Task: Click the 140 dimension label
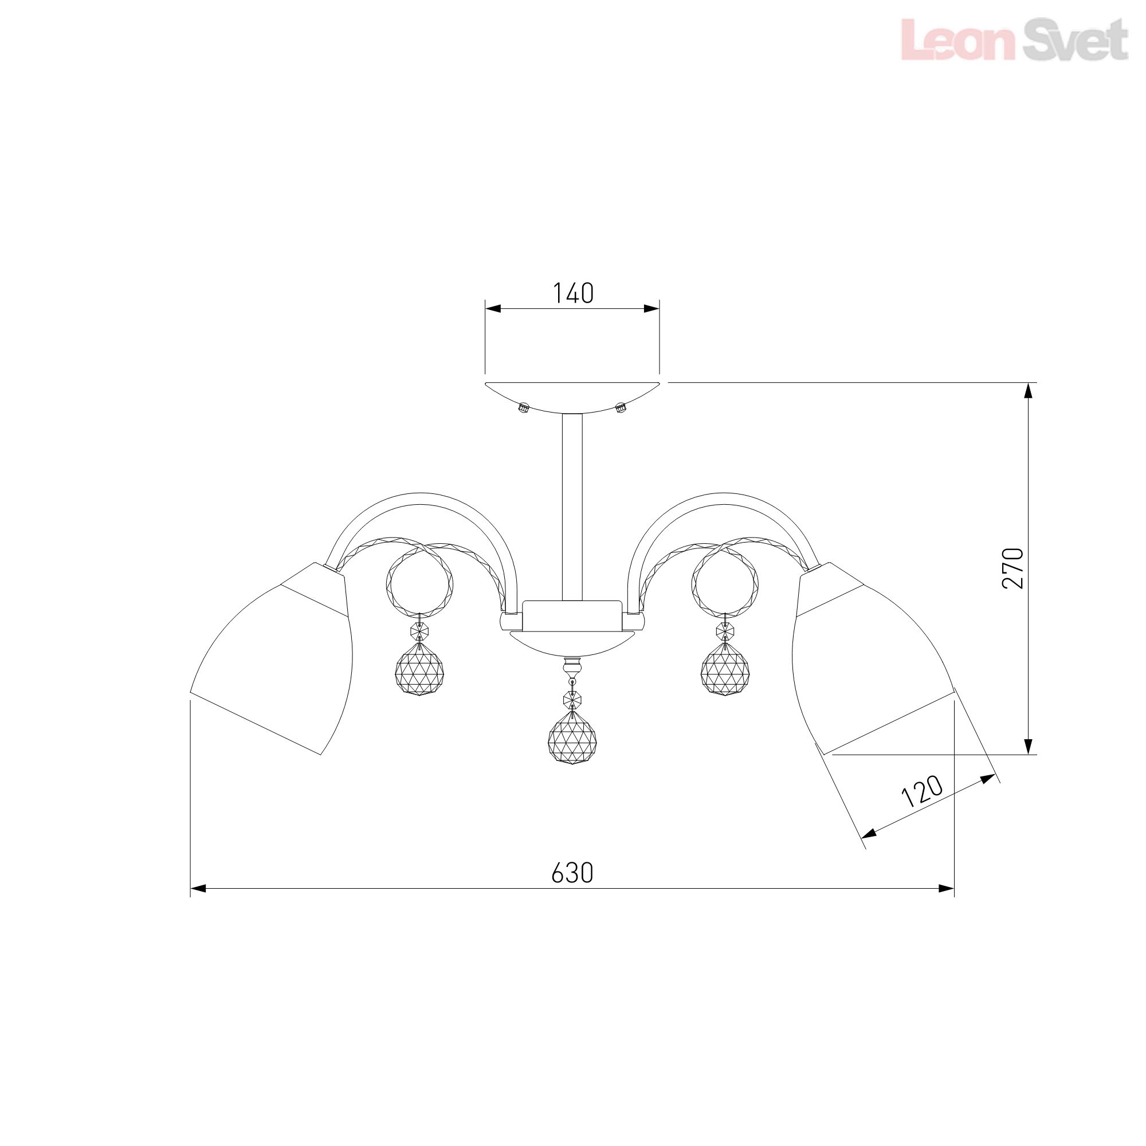[x=573, y=293]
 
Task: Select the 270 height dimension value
[x=1013, y=568]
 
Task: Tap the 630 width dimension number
[x=572, y=873]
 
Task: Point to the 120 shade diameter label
[x=922, y=792]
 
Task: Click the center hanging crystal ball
[x=572, y=740]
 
